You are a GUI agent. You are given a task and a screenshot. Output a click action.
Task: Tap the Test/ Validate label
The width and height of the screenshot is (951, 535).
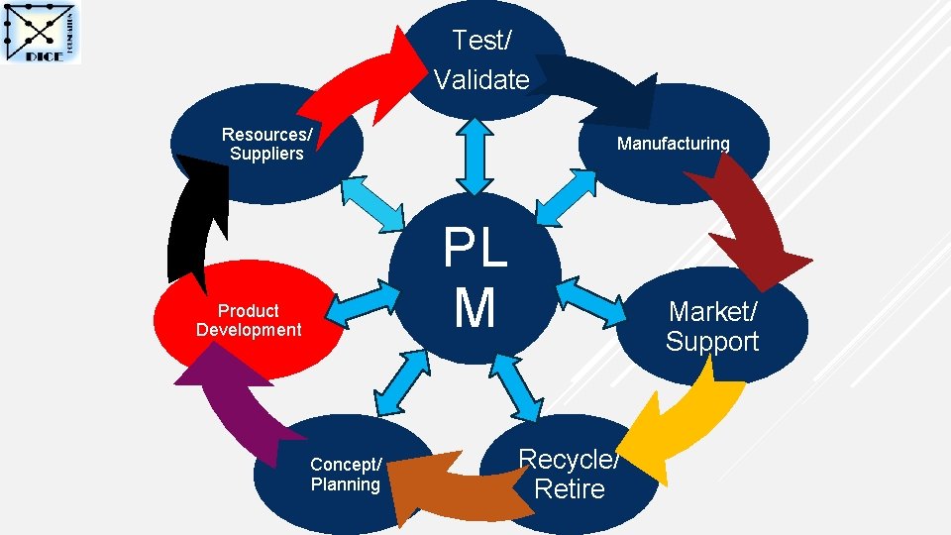coord(481,59)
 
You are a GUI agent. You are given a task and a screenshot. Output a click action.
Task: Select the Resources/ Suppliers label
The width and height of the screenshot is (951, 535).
coord(266,144)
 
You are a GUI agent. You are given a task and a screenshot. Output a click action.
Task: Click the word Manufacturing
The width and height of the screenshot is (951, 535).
coord(673,144)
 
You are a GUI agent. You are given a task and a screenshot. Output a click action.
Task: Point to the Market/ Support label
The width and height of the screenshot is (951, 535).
coord(712,326)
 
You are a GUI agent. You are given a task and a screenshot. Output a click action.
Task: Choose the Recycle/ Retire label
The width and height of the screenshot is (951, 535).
coord(569,474)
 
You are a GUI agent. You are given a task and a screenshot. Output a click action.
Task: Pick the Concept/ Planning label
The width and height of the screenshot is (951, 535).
coord(345,475)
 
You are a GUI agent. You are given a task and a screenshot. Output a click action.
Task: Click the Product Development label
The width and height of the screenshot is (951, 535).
coord(249,320)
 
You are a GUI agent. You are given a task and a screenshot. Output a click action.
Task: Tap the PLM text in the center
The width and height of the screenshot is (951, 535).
coord(475,277)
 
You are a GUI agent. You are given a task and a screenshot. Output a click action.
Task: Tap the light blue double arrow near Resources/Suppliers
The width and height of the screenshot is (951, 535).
coord(372,202)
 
